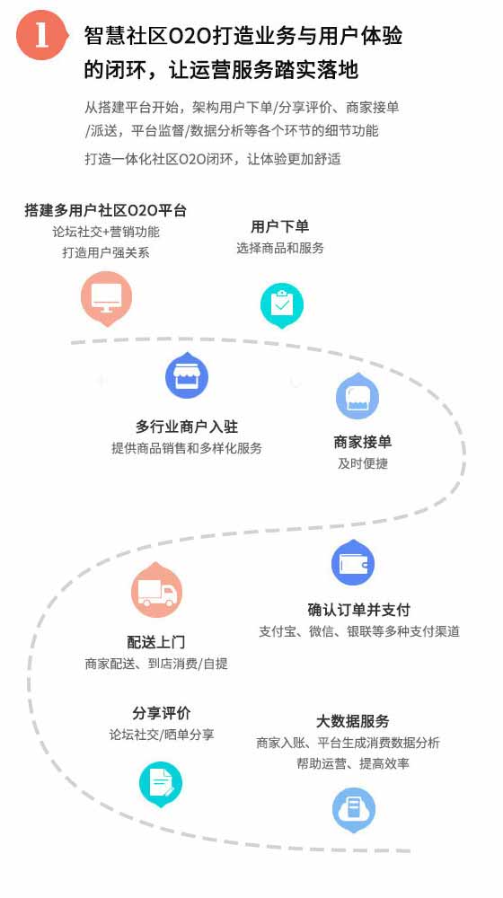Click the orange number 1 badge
(x=42, y=36)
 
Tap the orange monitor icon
(x=107, y=298)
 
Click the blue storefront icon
(x=187, y=375)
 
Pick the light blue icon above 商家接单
(x=357, y=396)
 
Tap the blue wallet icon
(x=353, y=563)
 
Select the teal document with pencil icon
(x=161, y=784)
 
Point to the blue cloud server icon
(x=354, y=810)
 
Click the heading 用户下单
(x=280, y=227)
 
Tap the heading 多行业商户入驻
(x=187, y=427)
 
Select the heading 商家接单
(x=363, y=442)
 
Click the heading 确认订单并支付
(x=359, y=610)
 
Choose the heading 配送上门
(x=156, y=642)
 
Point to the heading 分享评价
(x=162, y=714)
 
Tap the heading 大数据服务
(x=353, y=721)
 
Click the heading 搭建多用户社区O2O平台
(x=106, y=210)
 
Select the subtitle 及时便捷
(x=363, y=463)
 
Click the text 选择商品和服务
(x=280, y=248)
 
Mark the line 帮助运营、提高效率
(x=353, y=764)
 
